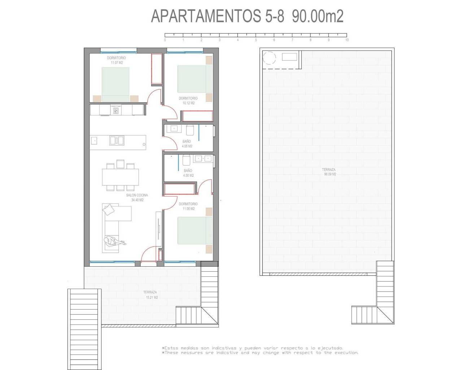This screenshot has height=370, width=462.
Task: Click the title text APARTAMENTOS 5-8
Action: coord(218,16)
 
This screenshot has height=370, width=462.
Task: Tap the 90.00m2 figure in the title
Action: coord(317,16)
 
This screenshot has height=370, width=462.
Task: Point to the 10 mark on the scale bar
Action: coord(347,40)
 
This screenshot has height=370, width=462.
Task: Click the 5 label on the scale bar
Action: coord(256,40)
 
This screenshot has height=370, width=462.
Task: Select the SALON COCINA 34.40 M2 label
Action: coord(137,198)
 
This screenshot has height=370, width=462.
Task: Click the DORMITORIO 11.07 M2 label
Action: coord(117,60)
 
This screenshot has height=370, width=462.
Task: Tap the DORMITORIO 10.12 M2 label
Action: coord(188,100)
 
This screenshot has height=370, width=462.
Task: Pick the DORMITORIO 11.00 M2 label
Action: coord(188,206)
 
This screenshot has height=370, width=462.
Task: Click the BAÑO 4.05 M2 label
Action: coord(187,144)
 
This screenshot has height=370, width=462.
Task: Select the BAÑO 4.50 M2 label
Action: coord(188,173)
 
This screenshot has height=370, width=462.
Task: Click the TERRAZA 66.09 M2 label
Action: coord(329,172)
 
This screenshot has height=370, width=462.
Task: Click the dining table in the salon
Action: coord(120,177)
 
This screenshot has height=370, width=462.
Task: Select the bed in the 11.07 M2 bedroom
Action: coord(115,84)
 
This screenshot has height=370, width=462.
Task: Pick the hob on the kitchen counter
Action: coord(116,111)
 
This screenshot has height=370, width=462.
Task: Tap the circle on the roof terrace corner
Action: coord(269,58)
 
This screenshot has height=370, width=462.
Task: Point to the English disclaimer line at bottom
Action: coord(260,353)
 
